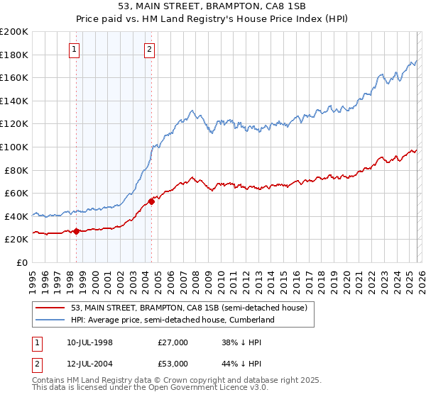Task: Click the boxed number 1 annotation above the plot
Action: click(x=75, y=49)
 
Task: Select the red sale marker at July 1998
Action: click(x=76, y=230)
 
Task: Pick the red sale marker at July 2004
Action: click(x=151, y=201)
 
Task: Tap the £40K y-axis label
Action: click(x=16, y=216)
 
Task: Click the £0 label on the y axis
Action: click(x=23, y=262)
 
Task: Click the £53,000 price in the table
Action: click(x=173, y=364)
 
